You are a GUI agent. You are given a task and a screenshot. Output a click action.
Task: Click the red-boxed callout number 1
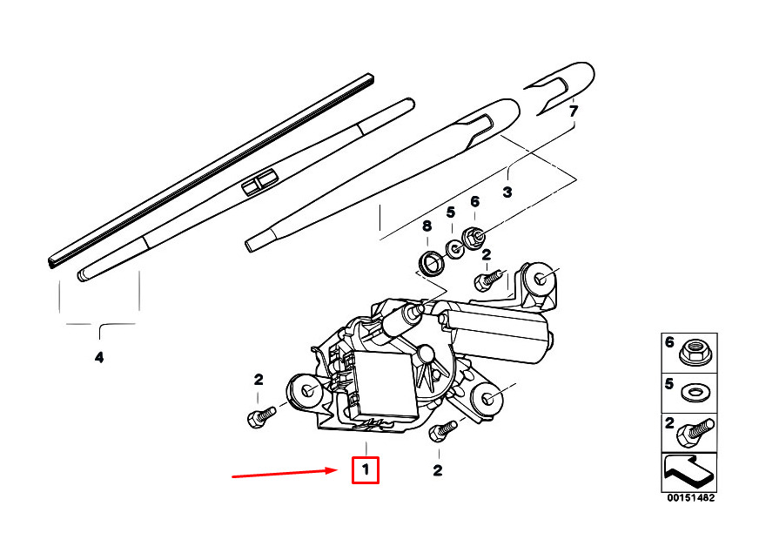coord(366,469)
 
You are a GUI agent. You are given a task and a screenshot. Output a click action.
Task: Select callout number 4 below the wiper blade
coord(98,358)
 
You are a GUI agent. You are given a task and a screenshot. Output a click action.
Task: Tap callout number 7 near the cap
coord(574,111)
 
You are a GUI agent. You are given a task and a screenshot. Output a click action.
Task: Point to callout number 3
coord(507,192)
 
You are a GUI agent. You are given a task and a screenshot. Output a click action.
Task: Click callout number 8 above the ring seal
coord(427,226)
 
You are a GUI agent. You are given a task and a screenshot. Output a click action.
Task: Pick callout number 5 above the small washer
coord(451,212)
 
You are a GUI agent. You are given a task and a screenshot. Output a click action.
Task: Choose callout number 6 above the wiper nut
coord(474,201)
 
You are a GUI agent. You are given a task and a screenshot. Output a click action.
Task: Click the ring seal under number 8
coord(432,264)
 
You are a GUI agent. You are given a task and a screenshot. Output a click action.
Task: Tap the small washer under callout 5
coord(454,249)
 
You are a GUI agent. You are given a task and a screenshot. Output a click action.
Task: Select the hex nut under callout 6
coord(474,237)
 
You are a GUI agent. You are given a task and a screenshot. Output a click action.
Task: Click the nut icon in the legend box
coord(693,353)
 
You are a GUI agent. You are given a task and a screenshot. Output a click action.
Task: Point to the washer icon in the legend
coord(694,393)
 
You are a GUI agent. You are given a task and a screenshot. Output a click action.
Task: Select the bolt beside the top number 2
coord(489,280)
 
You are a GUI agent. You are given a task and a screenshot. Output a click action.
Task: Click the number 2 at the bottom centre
coord(438,470)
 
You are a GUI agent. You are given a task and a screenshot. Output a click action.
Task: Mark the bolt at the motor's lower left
coord(261,417)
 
